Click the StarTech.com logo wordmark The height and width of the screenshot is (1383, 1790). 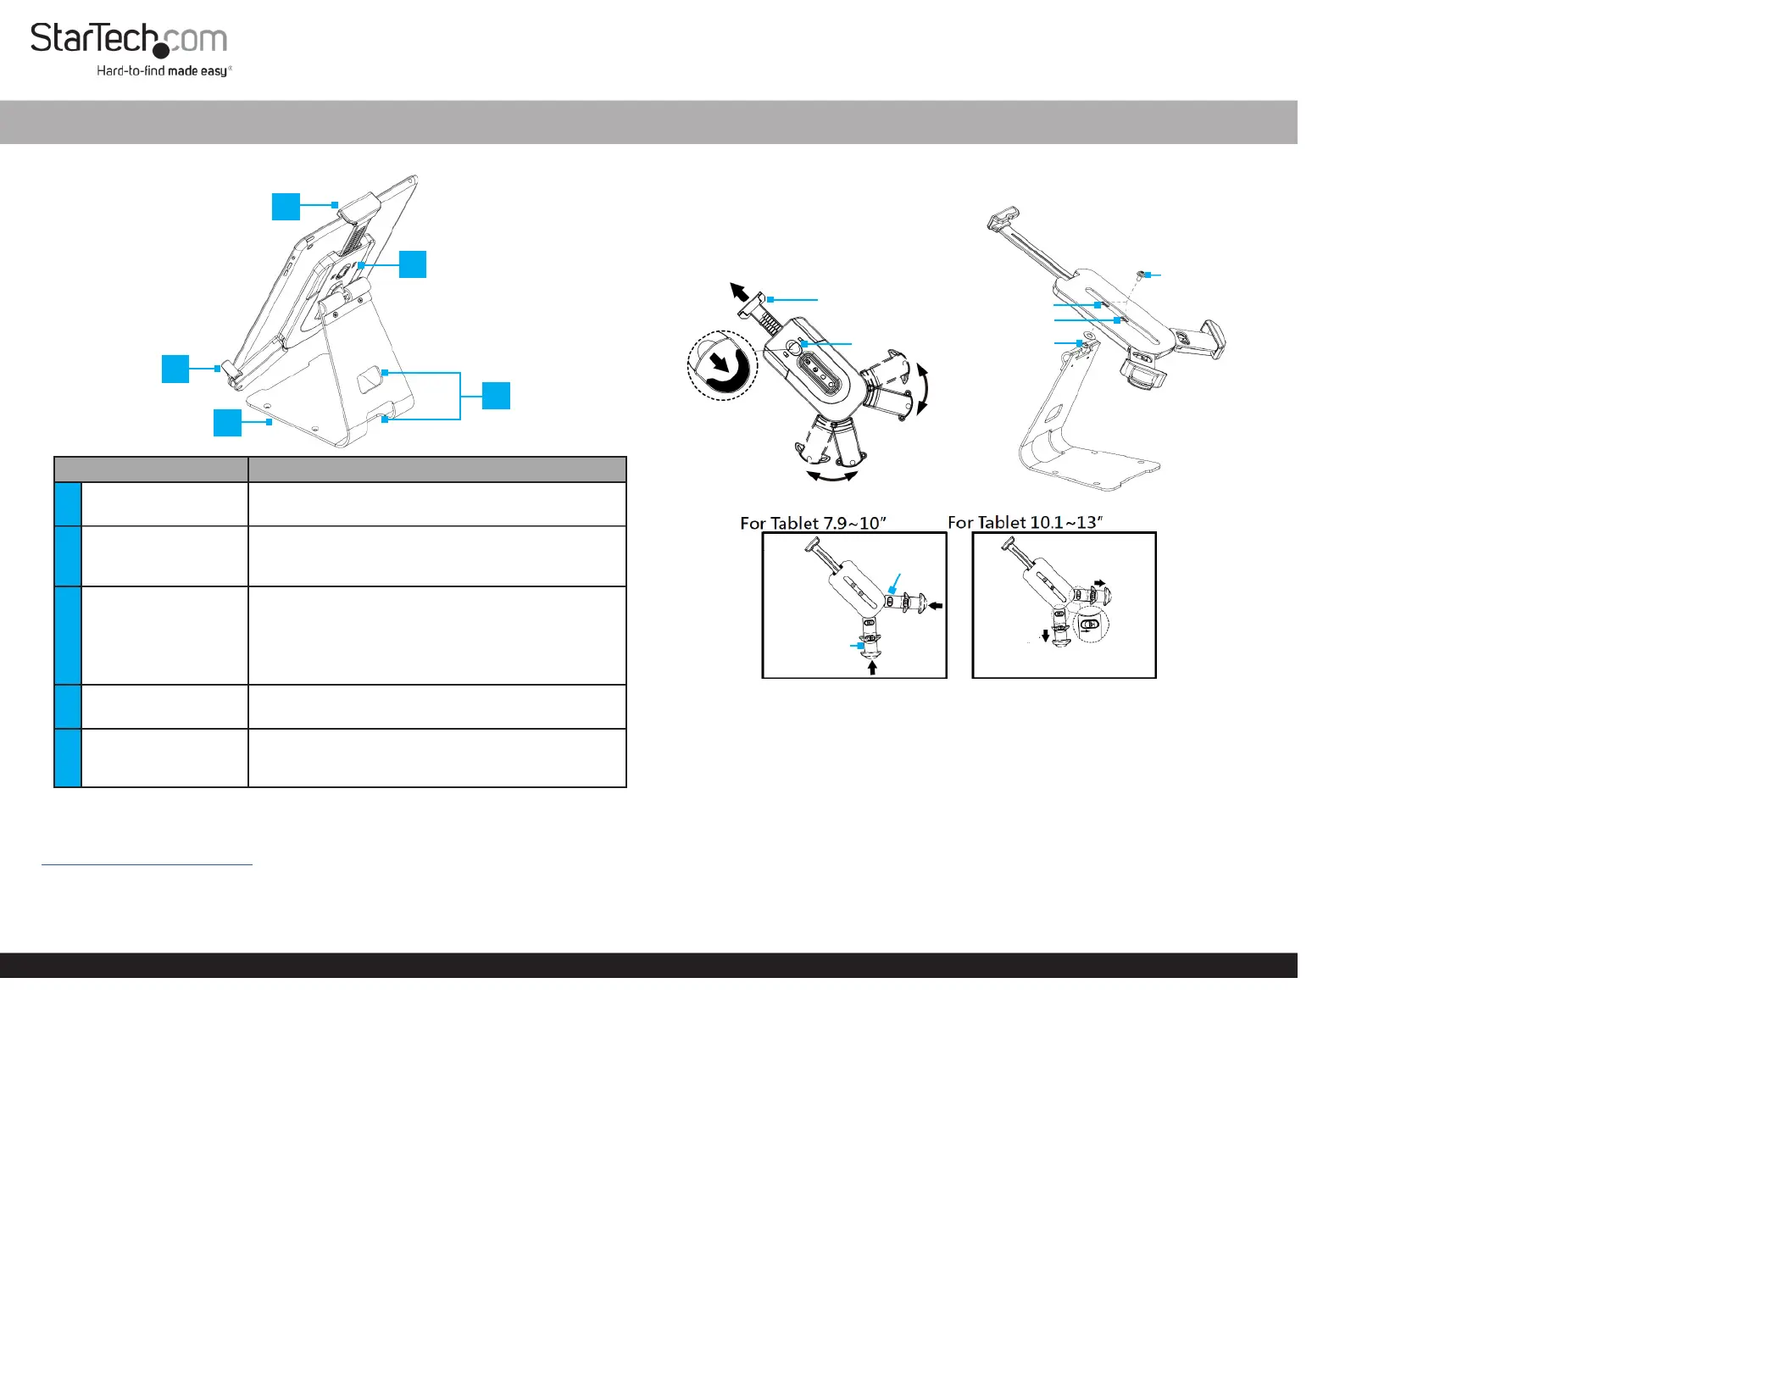129,39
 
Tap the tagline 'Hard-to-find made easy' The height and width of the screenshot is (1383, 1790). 163,71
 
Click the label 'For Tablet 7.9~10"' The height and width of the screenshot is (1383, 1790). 813,523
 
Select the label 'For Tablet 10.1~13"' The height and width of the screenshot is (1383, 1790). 1025,522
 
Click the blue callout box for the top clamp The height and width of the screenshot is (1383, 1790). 286,207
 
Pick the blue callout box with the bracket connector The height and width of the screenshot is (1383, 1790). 496,396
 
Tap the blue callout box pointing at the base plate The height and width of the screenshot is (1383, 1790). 227,423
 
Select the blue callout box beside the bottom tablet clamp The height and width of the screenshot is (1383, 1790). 175,369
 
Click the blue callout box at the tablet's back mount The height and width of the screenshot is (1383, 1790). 413,264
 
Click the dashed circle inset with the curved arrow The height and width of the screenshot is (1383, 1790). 721,365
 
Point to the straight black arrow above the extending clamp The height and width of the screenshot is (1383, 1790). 739,292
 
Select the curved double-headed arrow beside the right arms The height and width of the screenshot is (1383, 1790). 924,389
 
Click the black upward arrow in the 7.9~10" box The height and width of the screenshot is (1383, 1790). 872,668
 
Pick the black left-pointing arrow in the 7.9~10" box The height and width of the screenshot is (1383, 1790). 936,606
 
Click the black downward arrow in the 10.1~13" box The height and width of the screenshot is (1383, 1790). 1045,635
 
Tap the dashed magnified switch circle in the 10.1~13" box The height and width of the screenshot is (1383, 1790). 1090,625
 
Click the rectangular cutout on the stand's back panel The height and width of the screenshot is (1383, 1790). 370,380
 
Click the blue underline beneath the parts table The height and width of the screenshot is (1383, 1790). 147,864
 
